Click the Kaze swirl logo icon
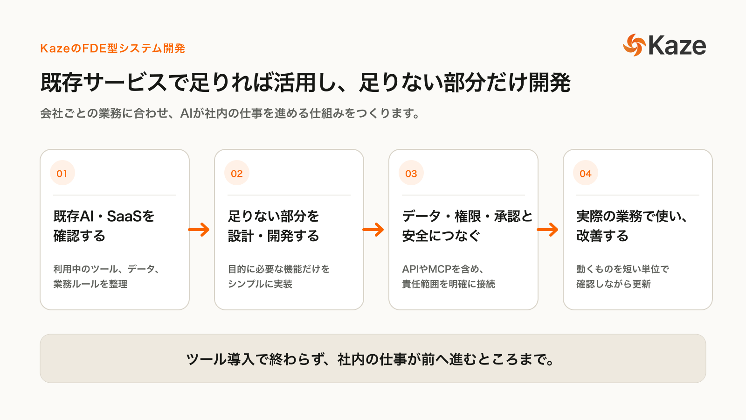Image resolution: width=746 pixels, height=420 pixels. point(635,45)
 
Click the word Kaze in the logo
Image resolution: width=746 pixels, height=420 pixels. point(677,46)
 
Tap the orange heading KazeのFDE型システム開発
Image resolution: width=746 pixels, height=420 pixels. point(112,49)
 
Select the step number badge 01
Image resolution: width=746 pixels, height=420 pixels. point(62,173)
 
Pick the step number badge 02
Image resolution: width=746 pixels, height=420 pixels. point(237,173)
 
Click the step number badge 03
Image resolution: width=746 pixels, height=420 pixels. point(411,173)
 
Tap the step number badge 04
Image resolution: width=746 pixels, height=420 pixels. point(586,173)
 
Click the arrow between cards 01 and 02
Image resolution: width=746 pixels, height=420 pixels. point(199,230)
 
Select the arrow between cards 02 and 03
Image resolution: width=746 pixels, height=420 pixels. point(373,230)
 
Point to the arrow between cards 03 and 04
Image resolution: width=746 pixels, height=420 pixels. point(547,230)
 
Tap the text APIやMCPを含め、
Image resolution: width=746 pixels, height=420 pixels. point(443,269)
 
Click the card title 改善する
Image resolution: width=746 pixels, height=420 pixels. point(602,236)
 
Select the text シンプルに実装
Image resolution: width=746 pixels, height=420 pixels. point(260,284)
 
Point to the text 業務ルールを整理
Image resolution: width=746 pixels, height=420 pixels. point(90,284)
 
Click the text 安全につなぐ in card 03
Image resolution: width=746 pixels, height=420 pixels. point(441,236)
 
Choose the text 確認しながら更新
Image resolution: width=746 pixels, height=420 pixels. point(614,284)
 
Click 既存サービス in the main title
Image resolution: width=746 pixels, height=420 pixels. point(104,82)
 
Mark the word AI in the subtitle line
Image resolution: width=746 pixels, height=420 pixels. point(186,114)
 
